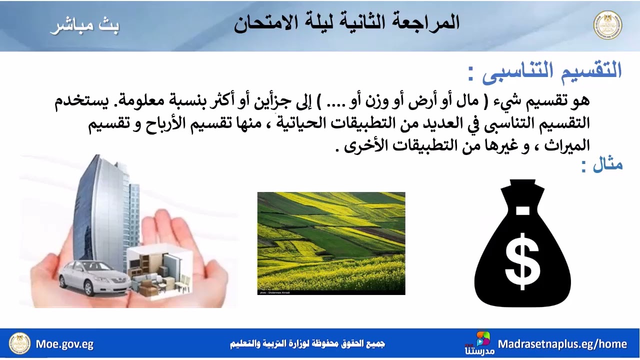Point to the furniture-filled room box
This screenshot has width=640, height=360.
159,272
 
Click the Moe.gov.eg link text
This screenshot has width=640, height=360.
64,344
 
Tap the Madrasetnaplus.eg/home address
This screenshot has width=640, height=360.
562,344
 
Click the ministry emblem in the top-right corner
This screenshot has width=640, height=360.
607,25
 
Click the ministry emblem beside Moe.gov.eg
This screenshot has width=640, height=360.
20,344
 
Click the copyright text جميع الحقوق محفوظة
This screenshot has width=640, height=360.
307,344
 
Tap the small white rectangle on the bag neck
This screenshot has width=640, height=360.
522,210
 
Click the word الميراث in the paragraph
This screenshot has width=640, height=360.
567,145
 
